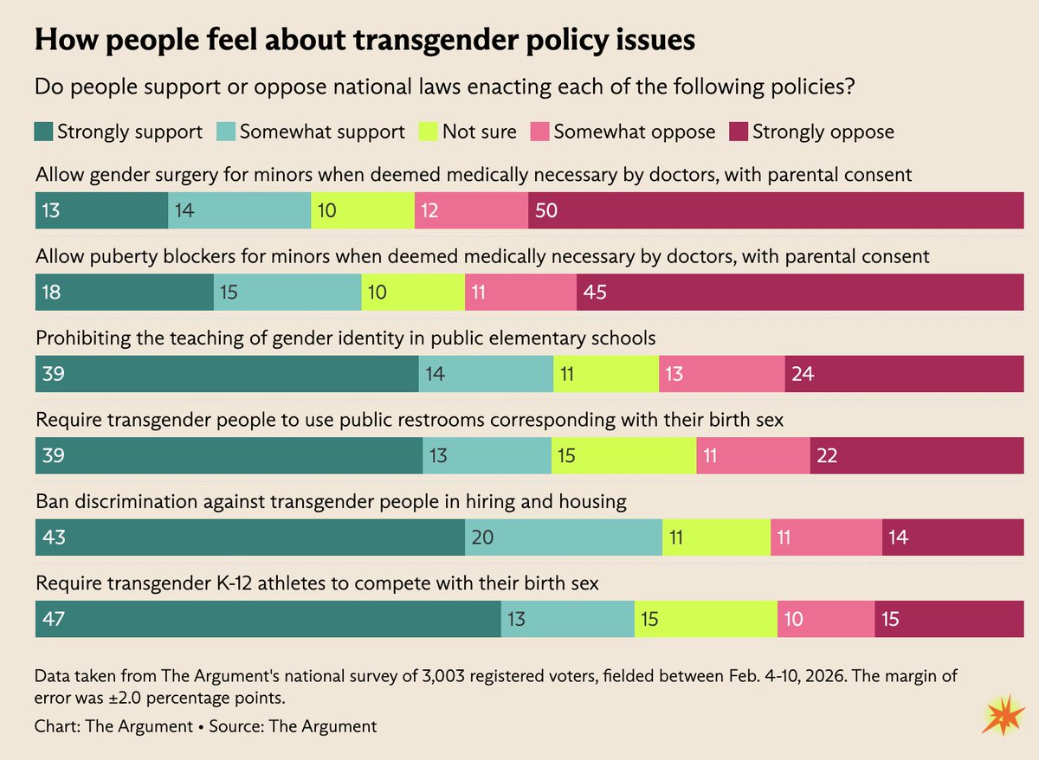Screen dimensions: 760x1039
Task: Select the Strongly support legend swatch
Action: (43, 132)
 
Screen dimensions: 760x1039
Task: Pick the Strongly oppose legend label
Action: (823, 132)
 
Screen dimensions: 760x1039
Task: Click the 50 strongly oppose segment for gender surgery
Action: (776, 211)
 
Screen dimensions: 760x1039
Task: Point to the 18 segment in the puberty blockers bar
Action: (125, 293)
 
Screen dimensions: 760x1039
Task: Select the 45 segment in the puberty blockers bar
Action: (800, 293)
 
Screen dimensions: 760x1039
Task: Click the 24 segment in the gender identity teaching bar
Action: (904, 375)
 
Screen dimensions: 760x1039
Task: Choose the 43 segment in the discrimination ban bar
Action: (250, 538)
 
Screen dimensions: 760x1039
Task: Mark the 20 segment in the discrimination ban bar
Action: (564, 538)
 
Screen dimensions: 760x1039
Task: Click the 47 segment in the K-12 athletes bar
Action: (268, 619)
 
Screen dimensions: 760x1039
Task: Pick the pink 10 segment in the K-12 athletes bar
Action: (826, 619)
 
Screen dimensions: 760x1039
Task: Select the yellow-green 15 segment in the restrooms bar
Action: (623, 455)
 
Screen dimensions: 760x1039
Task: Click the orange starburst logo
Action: (1003, 717)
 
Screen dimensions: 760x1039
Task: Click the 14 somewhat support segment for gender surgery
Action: (239, 211)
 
